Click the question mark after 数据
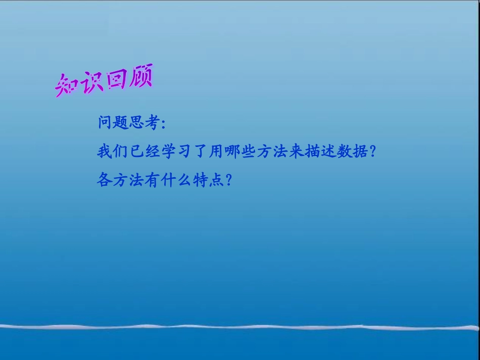[373, 151]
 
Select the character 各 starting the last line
[104, 180]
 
